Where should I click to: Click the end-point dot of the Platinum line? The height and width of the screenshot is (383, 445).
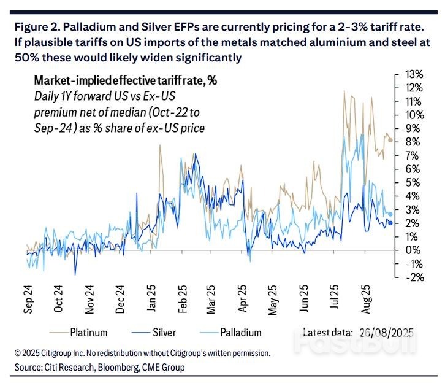[390, 140]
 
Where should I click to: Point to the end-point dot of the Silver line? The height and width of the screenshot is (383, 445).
[390, 223]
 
